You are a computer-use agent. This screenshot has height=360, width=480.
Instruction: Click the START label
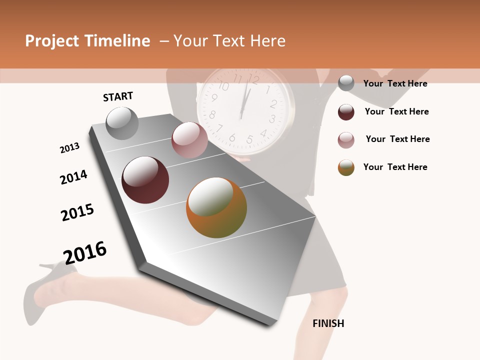[118, 96]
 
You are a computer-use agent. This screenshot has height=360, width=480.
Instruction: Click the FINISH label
[328, 323]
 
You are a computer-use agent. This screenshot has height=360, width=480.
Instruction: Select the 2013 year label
[69, 148]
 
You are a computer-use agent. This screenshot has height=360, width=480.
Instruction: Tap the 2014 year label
[73, 177]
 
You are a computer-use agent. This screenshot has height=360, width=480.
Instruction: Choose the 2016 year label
[85, 252]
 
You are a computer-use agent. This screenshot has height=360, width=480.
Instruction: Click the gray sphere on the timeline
[122, 123]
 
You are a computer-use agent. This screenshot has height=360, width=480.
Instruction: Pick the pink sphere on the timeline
[189, 139]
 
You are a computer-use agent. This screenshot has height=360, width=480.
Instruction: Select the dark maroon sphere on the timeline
[145, 180]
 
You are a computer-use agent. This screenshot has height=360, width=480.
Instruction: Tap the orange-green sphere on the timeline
[216, 207]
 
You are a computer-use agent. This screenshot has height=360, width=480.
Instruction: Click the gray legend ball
[346, 83]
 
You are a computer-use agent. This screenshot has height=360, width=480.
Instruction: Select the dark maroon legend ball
[346, 111]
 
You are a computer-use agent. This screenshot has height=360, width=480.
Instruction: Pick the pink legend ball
[346, 139]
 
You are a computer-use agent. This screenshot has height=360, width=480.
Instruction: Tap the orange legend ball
[346, 167]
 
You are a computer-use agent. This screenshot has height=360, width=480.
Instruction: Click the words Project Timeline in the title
[87, 41]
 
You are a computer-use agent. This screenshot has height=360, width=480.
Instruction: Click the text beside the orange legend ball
[395, 167]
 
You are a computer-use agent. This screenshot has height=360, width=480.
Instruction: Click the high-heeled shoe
[47, 285]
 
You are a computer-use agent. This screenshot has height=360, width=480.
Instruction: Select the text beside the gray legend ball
[395, 83]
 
